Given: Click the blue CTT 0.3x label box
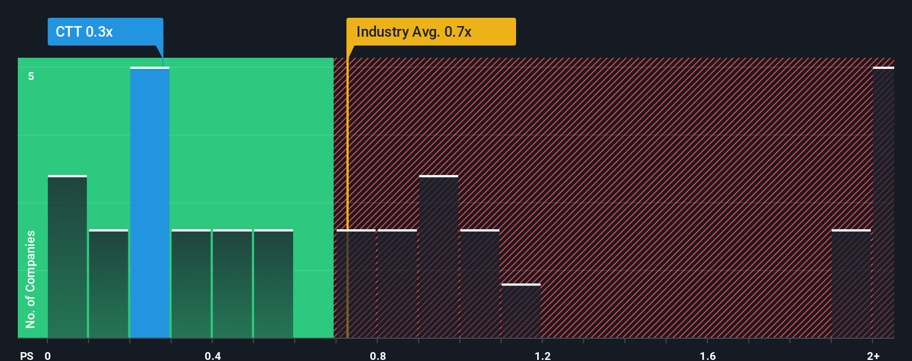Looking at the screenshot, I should click(105, 32).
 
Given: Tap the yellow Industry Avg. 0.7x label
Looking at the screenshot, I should click(431, 32).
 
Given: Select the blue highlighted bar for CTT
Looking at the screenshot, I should click(150, 203).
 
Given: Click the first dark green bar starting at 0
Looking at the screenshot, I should click(67, 257).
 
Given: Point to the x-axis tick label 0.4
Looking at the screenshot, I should click(212, 355).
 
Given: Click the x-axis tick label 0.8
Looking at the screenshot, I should click(378, 355).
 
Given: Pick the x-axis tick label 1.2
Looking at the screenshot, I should click(543, 355).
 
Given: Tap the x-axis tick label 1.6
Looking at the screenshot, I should click(707, 355).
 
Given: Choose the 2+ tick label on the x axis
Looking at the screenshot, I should click(873, 355).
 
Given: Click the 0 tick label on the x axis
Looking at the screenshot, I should click(48, 355).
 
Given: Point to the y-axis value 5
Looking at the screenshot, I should click(31, 76).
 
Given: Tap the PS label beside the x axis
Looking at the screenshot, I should click(27, 355).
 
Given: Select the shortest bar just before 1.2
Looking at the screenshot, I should click(521, 311).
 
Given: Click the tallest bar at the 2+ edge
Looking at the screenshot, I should click(883, 203).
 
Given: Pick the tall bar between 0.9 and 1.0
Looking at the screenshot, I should click(439, 257).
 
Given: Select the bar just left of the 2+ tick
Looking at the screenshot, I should click(851, 284).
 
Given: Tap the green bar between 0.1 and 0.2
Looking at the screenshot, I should click(108, 284).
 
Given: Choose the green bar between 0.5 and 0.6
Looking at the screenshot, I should click(274, 284).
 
